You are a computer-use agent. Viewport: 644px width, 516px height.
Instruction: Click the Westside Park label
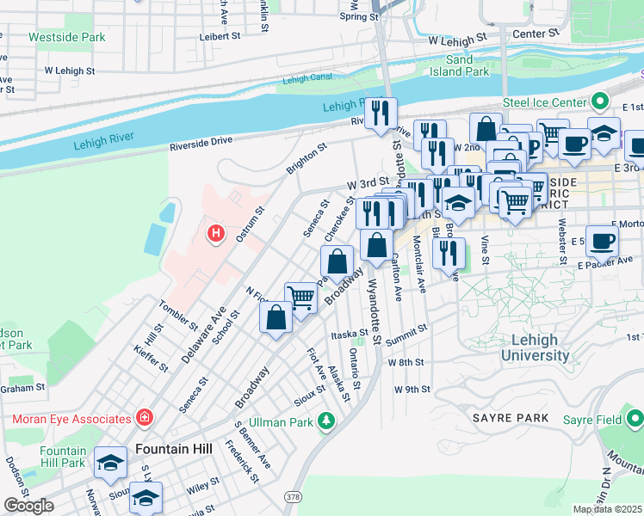pyautogui.click(x=66, y=38)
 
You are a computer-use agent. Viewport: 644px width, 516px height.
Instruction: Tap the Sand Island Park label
pyautogui.click(x=466, y=65)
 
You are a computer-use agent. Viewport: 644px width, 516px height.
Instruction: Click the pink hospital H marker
pyautogui.click(x=215, y=232)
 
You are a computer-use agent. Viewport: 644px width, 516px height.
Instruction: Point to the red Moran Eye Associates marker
pyautogui.click(x=145, y=419)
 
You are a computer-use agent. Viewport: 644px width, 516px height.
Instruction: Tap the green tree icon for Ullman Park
pyautogui.click(x=325, y=421)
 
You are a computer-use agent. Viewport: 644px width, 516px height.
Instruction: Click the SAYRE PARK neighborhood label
pyautogui.click(x=510, y=418)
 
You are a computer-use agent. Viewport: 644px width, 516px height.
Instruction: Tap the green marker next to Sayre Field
pyautogui.click(x=634, y=419)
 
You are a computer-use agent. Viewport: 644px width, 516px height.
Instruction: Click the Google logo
pyautogui.click(x=28, y=506)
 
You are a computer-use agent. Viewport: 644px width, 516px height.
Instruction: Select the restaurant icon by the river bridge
pyautogui.click(x=381, y=113)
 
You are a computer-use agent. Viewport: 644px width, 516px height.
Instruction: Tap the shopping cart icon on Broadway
pyautogui.click(x=300, y=298)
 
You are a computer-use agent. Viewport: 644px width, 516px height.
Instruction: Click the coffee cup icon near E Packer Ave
pyautogui.click(x=602, y=240)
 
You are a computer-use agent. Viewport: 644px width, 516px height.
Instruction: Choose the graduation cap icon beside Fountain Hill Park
pyautogui.click(x=110, y=462)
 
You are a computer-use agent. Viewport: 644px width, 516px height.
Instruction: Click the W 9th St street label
pyautogui.click(x=412, y=390)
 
